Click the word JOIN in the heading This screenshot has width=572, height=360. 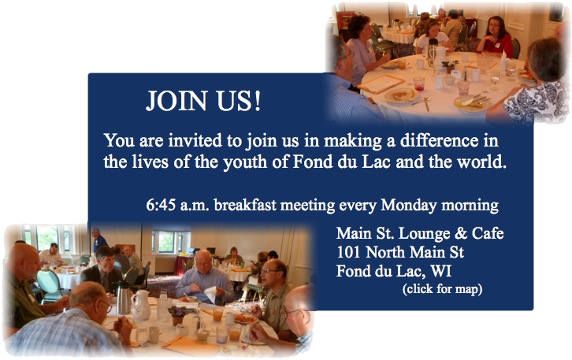[176, 100]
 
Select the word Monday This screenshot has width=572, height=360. [409, 206]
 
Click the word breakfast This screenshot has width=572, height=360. [245, 205]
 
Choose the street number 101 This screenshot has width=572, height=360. [349, 252]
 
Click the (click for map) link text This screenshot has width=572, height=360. [443, 289]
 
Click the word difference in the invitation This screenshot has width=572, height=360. [439, 140]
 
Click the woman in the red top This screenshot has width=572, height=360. [496, 36]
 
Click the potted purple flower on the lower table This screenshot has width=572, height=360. [177, 315]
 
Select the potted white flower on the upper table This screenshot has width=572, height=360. [450, 66]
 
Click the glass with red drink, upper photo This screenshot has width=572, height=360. [418, 84]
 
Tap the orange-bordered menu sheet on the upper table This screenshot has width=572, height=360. [381, 84]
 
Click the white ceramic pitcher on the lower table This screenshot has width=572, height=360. [141, 305]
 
